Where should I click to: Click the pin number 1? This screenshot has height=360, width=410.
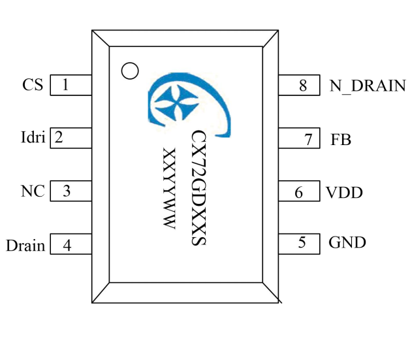point(65,85)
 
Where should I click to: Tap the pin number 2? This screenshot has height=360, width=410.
point(59,138)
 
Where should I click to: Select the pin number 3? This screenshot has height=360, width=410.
point(66,191)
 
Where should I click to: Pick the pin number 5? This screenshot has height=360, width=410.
point(302,242)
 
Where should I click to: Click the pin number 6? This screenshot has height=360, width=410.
point(299,193)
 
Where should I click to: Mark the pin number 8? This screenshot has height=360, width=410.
point(302,85)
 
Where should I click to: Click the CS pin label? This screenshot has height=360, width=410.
point(33,85)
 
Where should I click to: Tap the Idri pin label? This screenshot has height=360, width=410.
point(33,138)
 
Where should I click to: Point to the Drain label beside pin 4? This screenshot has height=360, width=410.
point(25,246)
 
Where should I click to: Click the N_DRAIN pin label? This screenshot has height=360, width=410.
point(368,86)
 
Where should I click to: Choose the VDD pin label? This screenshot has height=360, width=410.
point(344,193)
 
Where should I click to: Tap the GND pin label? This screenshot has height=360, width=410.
point(347,243)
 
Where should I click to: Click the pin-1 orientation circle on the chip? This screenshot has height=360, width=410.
point(131,71)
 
